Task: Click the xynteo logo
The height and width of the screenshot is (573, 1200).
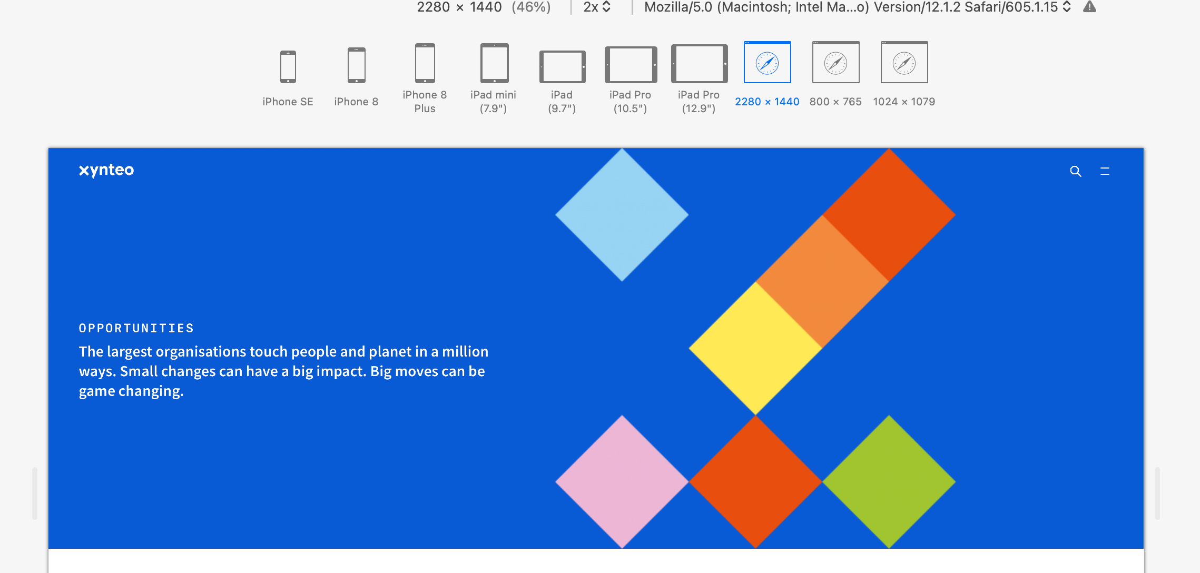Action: click(x=106, y=170)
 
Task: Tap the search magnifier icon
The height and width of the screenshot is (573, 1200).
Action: click(x=1076, y=171)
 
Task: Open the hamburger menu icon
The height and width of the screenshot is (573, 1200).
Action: click(x=1105, y=171)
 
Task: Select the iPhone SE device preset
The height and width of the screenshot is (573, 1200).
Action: click(x=288, y=67)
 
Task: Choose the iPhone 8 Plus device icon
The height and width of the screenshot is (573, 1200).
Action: click(x=425, y=63)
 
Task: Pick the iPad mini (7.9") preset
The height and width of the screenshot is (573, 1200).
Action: click(x=494, y=63)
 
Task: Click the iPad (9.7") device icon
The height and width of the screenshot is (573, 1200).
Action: click(x=563, y=67)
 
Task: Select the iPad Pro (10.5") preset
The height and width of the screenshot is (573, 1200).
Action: click(x=631, y=65)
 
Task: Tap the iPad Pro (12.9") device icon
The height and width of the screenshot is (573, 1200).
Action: click(x=700, y=64)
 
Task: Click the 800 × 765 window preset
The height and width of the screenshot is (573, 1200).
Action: click(x=836, y=62)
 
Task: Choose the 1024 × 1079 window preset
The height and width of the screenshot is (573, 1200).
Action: click(x=904, y=62)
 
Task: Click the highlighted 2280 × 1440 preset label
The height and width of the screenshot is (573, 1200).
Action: click(x=767, y=102)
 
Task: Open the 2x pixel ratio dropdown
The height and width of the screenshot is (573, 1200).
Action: click(x=597, y=7)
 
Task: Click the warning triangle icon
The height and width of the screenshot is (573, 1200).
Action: click(x=1089, y=6)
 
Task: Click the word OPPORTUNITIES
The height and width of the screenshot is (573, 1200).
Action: click(x=136, y=328)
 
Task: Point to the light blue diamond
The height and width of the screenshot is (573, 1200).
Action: click(x=622, y=215)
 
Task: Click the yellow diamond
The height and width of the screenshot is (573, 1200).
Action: click(x=755, y=348)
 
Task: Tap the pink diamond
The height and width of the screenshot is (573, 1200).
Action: click(x=622, y=481)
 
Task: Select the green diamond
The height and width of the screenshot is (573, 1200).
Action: click(x=889, y=481)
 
